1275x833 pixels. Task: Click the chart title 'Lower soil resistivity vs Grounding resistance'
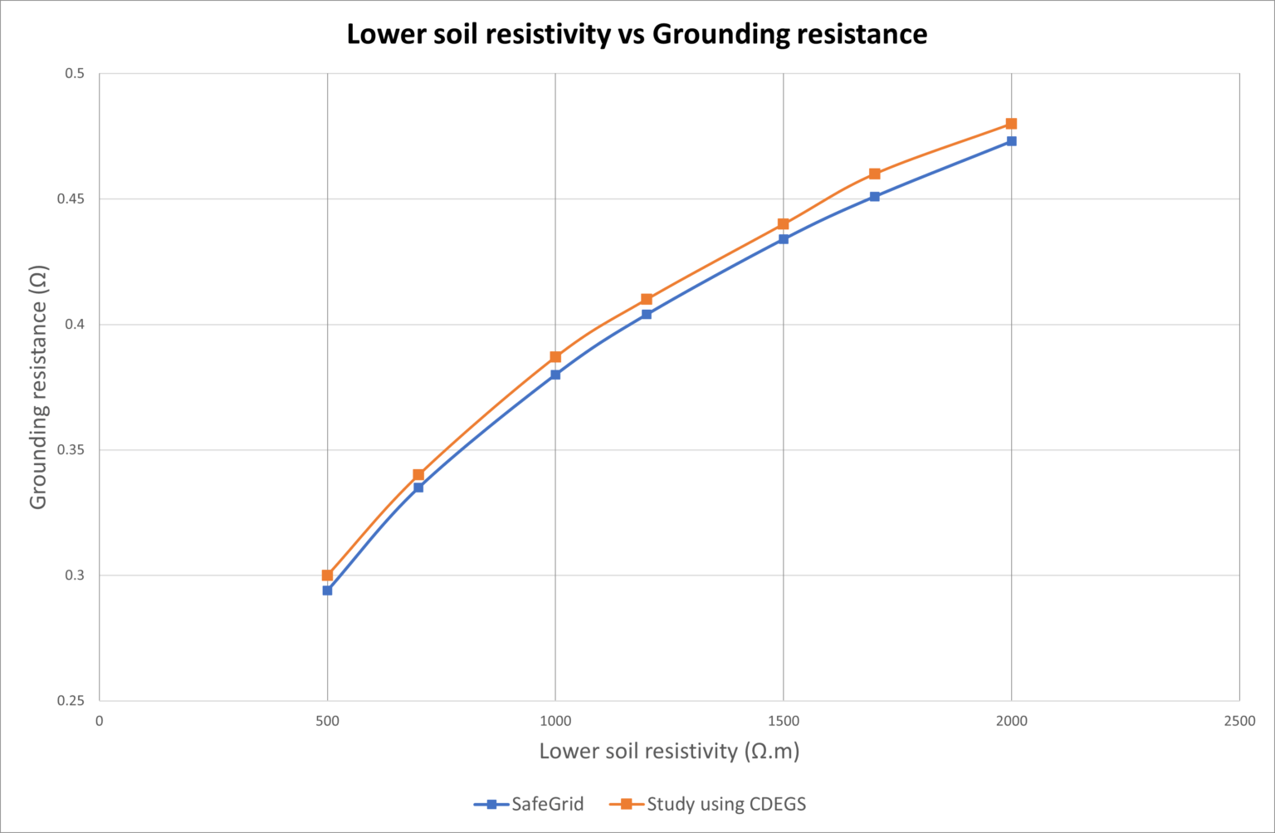(637, 34)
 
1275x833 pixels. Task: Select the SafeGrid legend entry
(529, 804)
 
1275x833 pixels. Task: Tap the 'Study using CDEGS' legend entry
(708, 804)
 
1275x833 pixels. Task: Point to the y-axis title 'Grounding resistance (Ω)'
(38, 387)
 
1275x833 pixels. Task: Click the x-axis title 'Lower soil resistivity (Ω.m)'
(669, 751)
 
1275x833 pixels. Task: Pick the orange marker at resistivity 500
(327, 575)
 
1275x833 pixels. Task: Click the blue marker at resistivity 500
(327, 590)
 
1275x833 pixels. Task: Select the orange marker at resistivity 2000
(1011, 124)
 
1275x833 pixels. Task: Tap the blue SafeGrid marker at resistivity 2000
(1011, 141)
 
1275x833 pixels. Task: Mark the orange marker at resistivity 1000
(555, 357)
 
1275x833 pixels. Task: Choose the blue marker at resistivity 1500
(784, 239)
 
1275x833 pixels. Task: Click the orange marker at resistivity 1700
(874, 174)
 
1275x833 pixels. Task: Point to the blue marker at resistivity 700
(418, 488)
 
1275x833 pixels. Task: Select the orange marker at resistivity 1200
(647, 299)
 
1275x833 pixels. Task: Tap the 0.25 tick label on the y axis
(71, 701)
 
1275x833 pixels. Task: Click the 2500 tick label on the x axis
(1239, 721)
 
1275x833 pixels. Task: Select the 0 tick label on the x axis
(100, 721)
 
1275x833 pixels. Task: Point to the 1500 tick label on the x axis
(784, 721)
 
